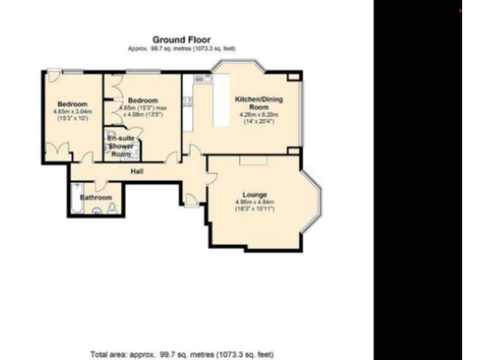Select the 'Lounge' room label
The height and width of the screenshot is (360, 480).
(254, 193)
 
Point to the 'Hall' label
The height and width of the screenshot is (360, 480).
(137, 171)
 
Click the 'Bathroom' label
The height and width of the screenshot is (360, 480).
(96, 198)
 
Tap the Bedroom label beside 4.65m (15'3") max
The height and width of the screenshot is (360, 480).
(143, 99)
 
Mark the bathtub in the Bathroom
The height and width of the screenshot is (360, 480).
(75, 199)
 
